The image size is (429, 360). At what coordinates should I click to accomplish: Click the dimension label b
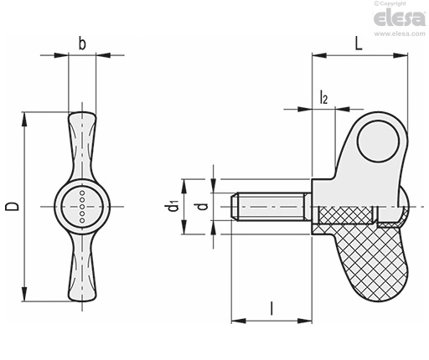click(82, 44)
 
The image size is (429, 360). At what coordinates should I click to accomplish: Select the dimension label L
click(359, 44)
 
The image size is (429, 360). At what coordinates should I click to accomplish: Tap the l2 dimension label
click(323, 97)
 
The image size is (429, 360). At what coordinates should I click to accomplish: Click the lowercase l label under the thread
click(271, 308)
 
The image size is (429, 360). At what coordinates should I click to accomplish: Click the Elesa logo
click(400, 18)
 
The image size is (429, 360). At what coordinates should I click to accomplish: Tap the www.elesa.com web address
click(400, 33)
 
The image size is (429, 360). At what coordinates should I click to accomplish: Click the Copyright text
click(390, 3)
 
